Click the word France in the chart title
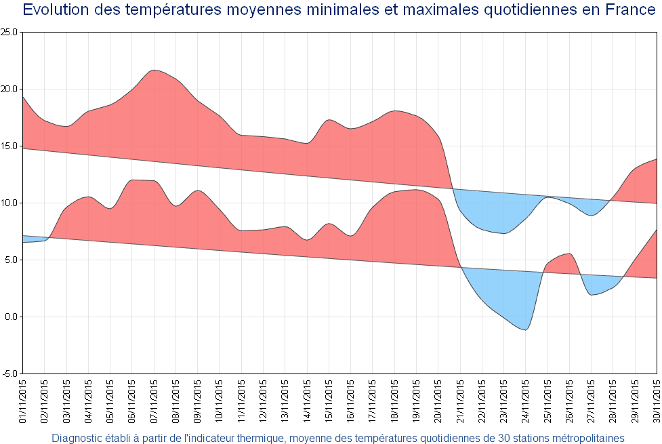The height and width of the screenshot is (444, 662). point(627,10)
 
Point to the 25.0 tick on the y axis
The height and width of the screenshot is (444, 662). point(9,33)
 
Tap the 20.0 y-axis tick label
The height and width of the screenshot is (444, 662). point(9,89)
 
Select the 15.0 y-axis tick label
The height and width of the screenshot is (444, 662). point(9,146)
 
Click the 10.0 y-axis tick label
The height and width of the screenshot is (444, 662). point(9,203)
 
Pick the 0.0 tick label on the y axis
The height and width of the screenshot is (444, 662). point(12,317)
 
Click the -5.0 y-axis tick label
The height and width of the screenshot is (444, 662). point(11,374)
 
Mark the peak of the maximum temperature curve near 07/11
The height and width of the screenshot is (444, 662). point(154,70)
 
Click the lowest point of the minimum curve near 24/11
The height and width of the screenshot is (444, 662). point(524,329)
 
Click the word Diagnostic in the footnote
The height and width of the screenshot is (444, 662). point(77,438)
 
